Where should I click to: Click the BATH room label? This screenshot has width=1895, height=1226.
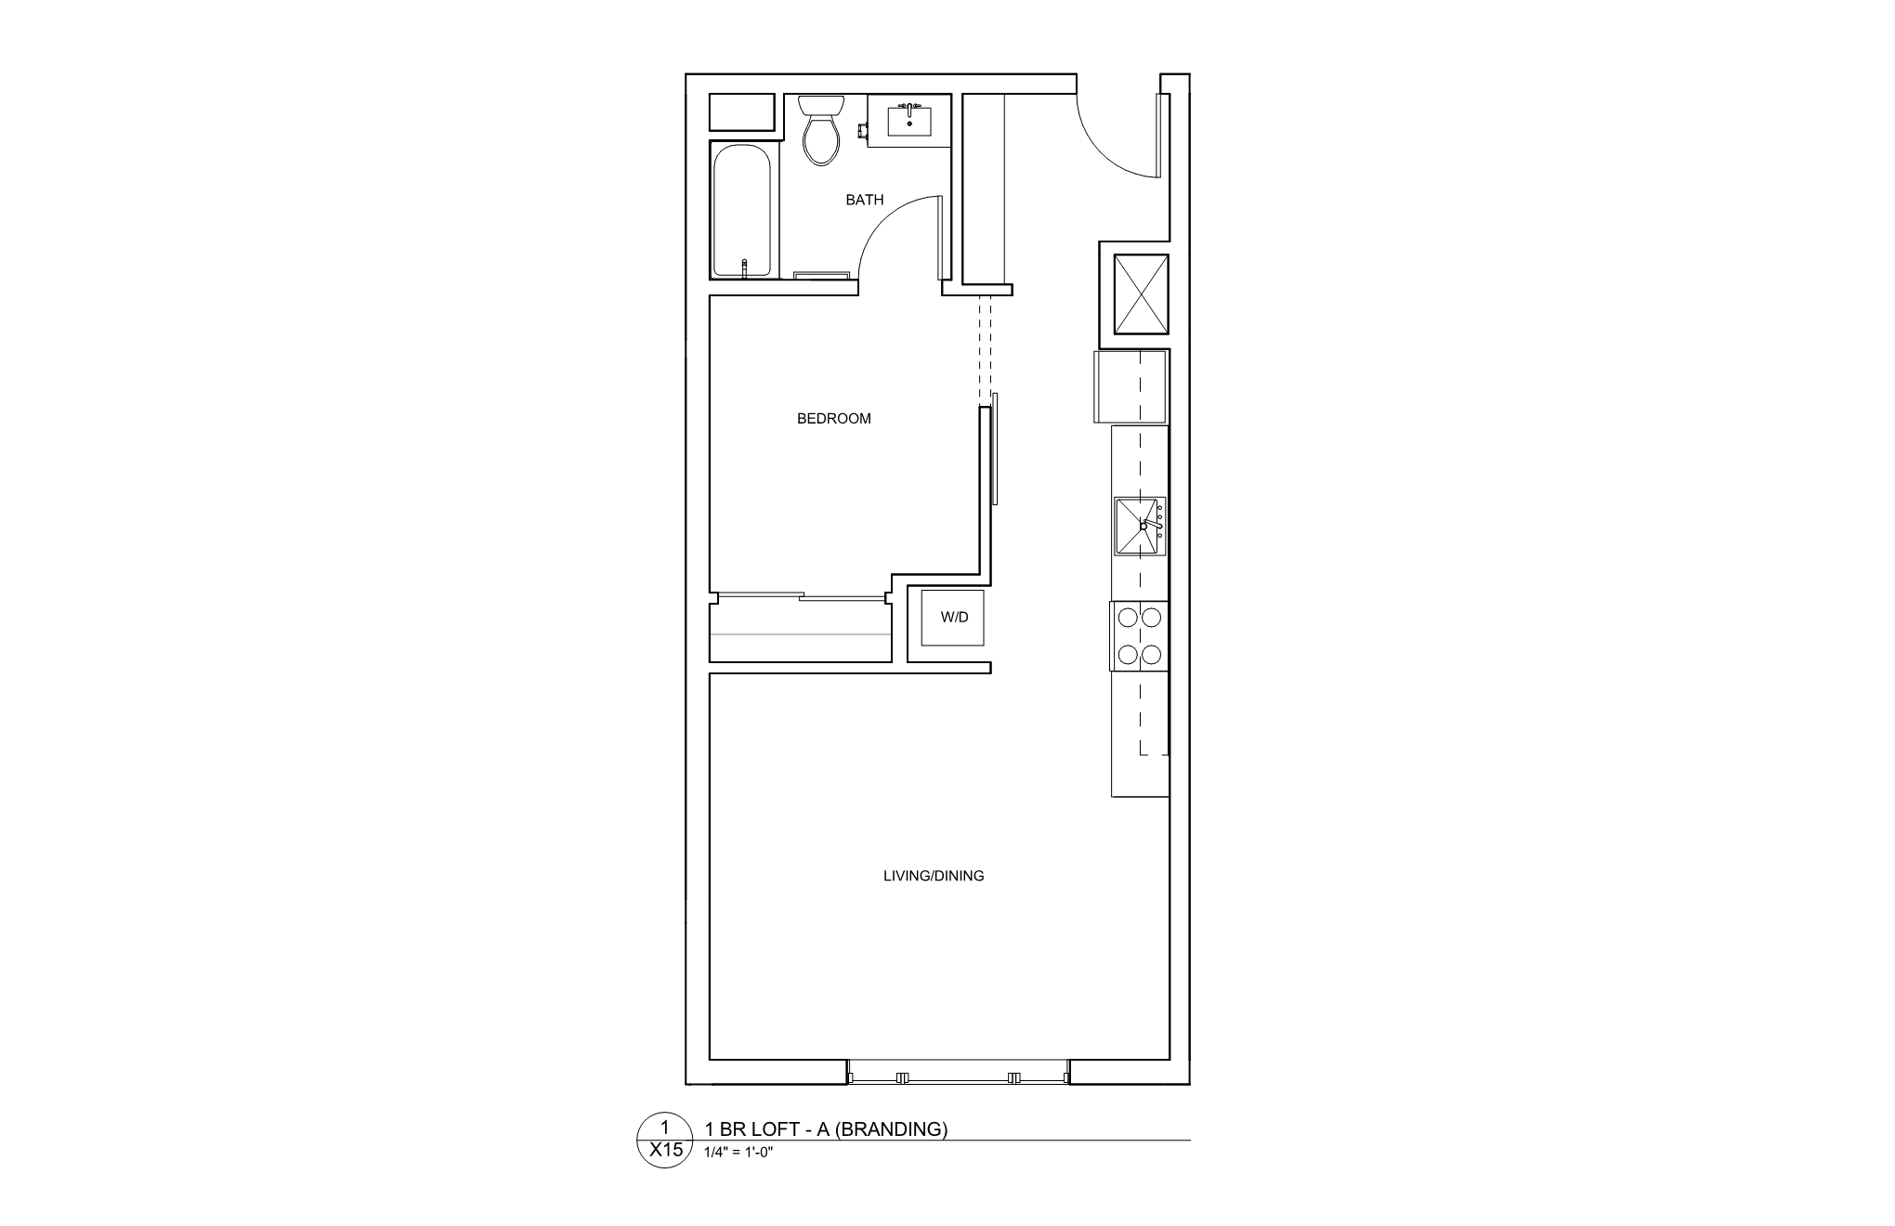point(864,200)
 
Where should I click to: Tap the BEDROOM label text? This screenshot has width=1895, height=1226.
point(833,419)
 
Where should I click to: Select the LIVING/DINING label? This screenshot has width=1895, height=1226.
point(933,876)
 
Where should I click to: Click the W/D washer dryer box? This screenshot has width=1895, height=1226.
point(954,618)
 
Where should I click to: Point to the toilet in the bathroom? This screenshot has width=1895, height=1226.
point(820,132)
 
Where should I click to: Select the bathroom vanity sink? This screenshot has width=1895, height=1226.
point(909,121)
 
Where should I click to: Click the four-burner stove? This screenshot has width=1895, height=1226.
point(1139,636)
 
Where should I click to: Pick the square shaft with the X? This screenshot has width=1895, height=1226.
point(1141,293)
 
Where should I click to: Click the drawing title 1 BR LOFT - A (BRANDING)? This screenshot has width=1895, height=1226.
point(826,1129)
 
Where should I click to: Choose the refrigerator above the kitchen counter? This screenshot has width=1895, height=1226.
point(1130,386)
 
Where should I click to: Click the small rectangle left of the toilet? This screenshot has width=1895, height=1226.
point(742,112)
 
